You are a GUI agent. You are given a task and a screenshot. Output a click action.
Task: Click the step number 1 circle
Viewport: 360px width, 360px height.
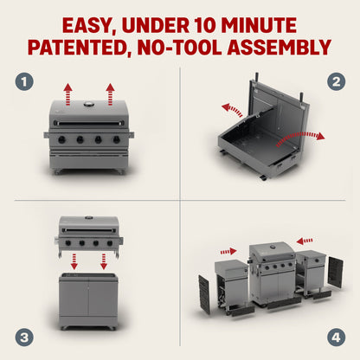coord(26,83)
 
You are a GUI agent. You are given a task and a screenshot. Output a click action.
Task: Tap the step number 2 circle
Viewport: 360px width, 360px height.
coord(335,83)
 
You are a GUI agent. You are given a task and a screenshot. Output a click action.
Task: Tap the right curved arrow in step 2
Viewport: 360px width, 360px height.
coord(309,136)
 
